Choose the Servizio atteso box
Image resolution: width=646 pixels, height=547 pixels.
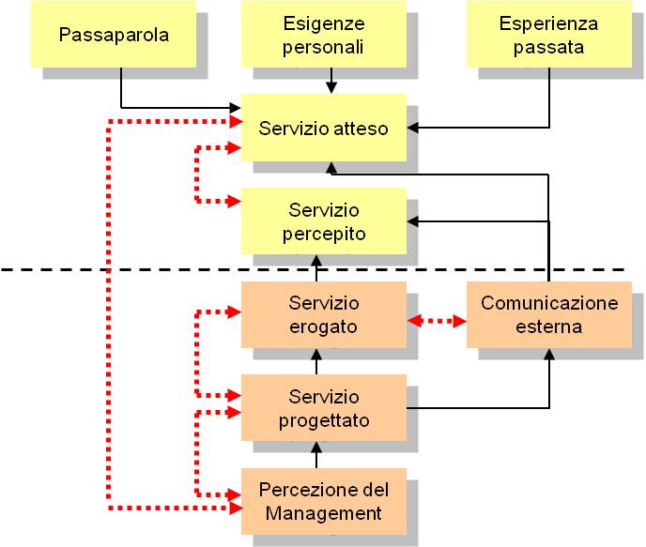(x=324, y=129)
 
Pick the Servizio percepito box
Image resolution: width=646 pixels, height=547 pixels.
(x=324, y=220)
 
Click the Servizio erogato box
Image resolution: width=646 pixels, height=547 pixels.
(x=324, y=314)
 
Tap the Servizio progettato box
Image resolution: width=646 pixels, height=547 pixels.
(x=324, y=408)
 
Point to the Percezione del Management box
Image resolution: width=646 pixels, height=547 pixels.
(x=324, y=501)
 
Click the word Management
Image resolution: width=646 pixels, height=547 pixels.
(x=324, y=513)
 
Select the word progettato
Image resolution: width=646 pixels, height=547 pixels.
(x=324, y=420)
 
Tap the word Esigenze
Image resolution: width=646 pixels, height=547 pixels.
(x=324, y=23)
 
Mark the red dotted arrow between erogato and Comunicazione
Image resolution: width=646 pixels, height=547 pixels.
(x=437, y=322)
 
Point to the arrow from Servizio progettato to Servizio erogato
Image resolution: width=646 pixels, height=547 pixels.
(x=316, y=361)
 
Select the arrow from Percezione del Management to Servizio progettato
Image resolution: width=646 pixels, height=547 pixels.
(x=316, y=455)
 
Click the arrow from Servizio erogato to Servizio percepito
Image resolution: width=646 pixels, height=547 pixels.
(x=316, y=267)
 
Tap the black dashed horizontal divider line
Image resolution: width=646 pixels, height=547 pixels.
(x=141, y=270)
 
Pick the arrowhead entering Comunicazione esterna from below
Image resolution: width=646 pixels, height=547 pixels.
(x=549, y=355)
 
